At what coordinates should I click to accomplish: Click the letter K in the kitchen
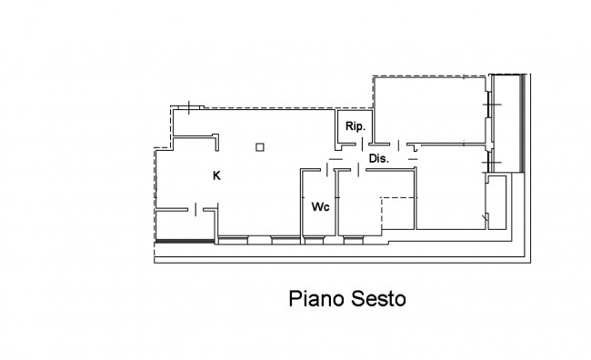[x=216, y=175]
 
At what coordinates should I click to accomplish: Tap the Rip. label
[x=356, y=126]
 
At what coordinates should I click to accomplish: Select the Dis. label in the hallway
[x=378, y=159]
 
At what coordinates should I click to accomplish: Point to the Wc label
[x=320, y=206]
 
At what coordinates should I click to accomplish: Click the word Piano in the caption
[x=316, y=299]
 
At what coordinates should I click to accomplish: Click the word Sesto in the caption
[x=378, y=299]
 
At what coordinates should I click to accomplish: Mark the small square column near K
[x=260, y=147]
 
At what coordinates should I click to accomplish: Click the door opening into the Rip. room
[x=362, y=145]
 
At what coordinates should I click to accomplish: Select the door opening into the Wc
[x=326, y=170]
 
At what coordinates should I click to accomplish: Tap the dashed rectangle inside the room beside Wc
[x=397, y=213]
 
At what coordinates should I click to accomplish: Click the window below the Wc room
[x=314, y=240]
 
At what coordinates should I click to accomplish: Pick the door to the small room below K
[x=195, y=209]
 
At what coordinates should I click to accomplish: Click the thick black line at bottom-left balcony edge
[x=185, y=241]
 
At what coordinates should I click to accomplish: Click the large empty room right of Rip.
[x=430, y=110]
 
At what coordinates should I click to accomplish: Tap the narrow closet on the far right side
[x=496, y=202]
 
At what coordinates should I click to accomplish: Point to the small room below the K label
[x=185, y=225]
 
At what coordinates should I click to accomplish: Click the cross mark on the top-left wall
[x=189, y=107]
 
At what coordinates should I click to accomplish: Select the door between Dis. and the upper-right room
[x=399, y=145]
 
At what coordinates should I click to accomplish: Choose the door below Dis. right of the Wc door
[x=358, y=170]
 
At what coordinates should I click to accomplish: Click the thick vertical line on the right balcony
[x=523, y=124]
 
